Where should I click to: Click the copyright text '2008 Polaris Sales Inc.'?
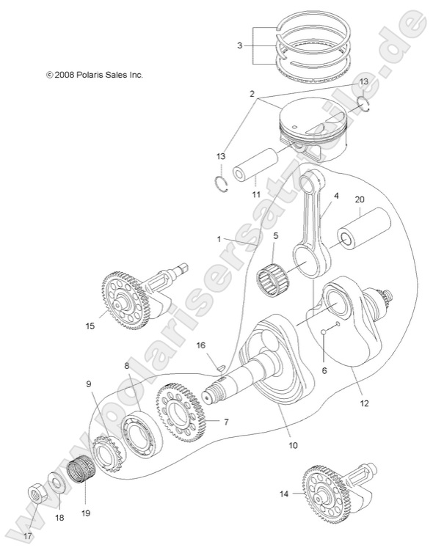tap(93, 75)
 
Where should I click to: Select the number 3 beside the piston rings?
tap(239, 45)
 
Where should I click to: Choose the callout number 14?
tap(284, 494)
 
